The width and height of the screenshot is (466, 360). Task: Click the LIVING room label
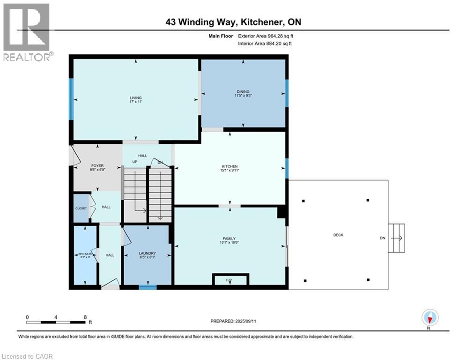tap(135, 98)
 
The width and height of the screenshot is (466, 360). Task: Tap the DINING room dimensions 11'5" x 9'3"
tap(243, 96)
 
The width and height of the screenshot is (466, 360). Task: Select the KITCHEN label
tap(229, 166)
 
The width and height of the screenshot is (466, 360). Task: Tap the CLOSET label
tap(81, 208)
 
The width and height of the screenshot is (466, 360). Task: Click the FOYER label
tap(97, 165)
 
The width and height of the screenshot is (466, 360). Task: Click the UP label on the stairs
tap(135, 162)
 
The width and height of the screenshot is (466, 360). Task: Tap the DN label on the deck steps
tap(383, 238)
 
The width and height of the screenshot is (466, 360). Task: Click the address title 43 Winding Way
tap(233, 22)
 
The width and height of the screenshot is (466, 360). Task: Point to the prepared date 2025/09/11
tap(233, 321)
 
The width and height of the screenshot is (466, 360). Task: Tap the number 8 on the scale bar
tap(85, 317)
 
